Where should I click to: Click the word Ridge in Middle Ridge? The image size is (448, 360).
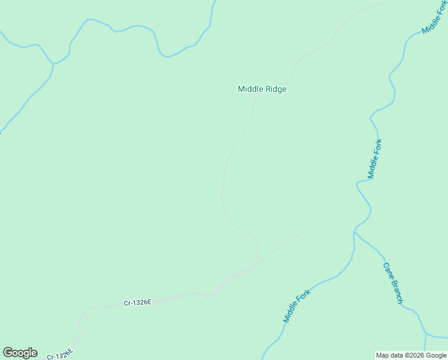coord(275,89)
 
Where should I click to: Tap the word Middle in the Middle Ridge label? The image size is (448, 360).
coord(250,89)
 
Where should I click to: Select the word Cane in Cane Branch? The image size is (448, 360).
coord(388,271)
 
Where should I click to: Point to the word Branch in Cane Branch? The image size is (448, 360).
coord(396,292)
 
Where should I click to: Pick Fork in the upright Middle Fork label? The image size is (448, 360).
coord(377,146)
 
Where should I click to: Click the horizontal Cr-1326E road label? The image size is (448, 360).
coord(138,303)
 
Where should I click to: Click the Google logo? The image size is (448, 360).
coord(20,353)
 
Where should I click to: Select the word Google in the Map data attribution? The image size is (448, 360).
coord(436,355)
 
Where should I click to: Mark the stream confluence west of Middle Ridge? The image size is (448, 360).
coord(53,63)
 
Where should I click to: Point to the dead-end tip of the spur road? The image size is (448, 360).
coord(305,232)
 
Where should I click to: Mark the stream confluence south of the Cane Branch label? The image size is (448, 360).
coord(426,333)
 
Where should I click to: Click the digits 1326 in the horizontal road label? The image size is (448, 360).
coord(141,303)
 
